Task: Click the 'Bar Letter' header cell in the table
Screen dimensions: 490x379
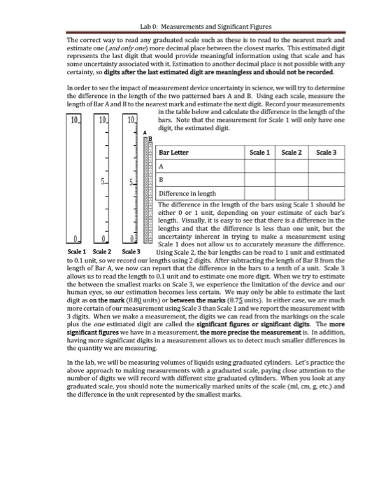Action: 176,153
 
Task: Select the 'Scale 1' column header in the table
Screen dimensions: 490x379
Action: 259,153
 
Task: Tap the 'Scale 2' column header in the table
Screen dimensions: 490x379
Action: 291,153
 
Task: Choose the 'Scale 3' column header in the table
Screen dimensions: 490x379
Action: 326,153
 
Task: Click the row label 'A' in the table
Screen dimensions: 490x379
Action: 162,167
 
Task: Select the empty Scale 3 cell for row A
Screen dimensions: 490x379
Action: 326,167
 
